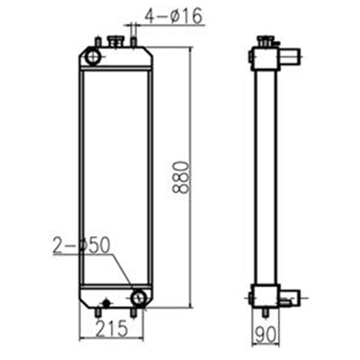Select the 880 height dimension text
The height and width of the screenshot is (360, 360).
pos(180,177)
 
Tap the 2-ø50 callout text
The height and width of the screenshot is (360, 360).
pos(81,246)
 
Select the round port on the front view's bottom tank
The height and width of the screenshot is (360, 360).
pos(138,297)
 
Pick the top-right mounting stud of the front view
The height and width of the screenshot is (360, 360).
pos(133,41)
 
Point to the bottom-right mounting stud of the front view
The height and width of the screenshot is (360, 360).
pos(133,313)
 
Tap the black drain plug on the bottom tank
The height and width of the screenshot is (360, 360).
pos(107,303)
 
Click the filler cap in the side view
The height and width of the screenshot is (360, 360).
pos(263,41)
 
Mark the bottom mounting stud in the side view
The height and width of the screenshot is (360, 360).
pos(265,312)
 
